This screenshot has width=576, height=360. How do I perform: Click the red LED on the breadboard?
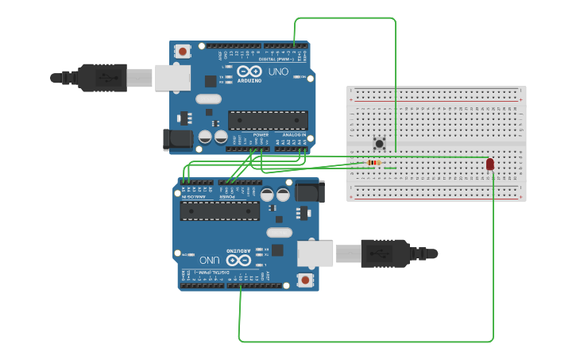point(489,164)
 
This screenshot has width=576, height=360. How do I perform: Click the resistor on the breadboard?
point(373,163)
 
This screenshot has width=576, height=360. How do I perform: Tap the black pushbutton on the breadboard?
point(380,144)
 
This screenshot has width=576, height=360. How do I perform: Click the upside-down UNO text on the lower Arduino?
point(209,260)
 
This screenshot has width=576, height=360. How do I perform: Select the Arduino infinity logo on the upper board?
point(249,72)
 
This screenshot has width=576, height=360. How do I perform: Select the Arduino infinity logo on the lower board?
point(238,260)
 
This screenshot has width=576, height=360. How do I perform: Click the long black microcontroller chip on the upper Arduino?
point(268,120)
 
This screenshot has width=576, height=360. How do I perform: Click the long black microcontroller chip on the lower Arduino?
point(219,211)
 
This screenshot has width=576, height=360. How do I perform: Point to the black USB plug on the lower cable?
point(386,254)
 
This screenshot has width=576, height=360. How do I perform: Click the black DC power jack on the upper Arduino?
point(177,139)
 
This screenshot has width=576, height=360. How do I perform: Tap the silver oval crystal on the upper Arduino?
point(207,99)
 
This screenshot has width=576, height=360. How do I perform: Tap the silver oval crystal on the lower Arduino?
point(279,232)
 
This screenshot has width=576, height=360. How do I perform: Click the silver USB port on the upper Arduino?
point(172,77)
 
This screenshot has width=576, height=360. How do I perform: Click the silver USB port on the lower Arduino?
point(315,254)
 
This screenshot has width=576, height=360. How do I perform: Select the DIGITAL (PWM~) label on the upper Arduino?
point(278,60)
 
